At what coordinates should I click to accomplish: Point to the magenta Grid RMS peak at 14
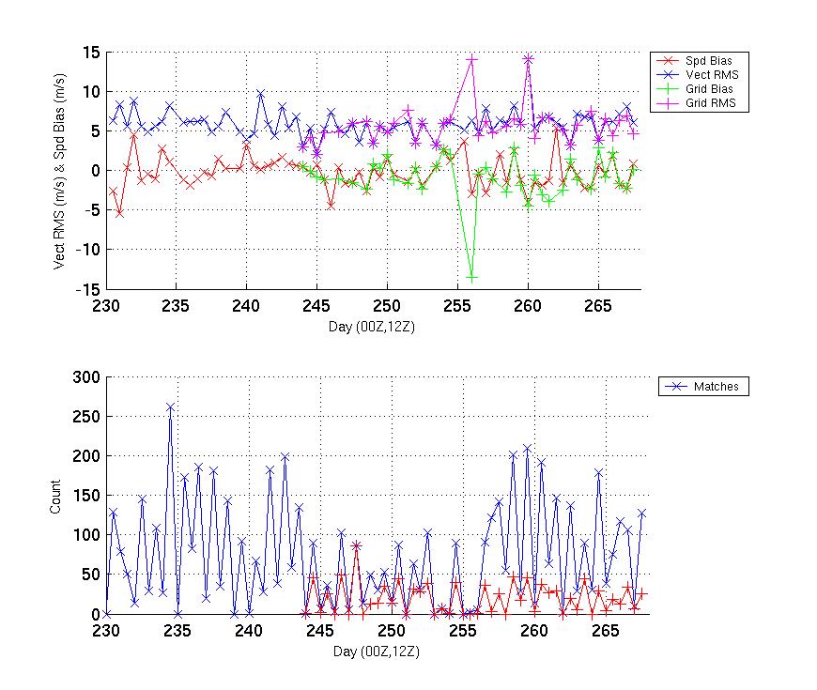pyautogui.click(x=471, y=59)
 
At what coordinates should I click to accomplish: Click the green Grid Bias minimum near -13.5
pyautogui.click(x=471, y=277)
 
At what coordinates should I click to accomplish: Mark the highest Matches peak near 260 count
pyautogui.click(x=170, y=407)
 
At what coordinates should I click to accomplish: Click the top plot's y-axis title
pyautogui.click(x=59, y=171)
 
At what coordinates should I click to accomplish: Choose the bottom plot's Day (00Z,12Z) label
pyautogui.click(x=376, y=650)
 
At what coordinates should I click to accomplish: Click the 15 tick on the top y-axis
pyautogui.click(x=90, y=53)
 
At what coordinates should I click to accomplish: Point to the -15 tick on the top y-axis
pyautogui.click(x=87, y=289)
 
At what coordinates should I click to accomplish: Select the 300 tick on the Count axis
pyautogui.click(x=86, y=376)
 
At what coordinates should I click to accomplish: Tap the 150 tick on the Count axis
pyautogui.click(x=86, y=495)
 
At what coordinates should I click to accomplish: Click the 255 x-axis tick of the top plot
pyautogui.click(x=458, y=305)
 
